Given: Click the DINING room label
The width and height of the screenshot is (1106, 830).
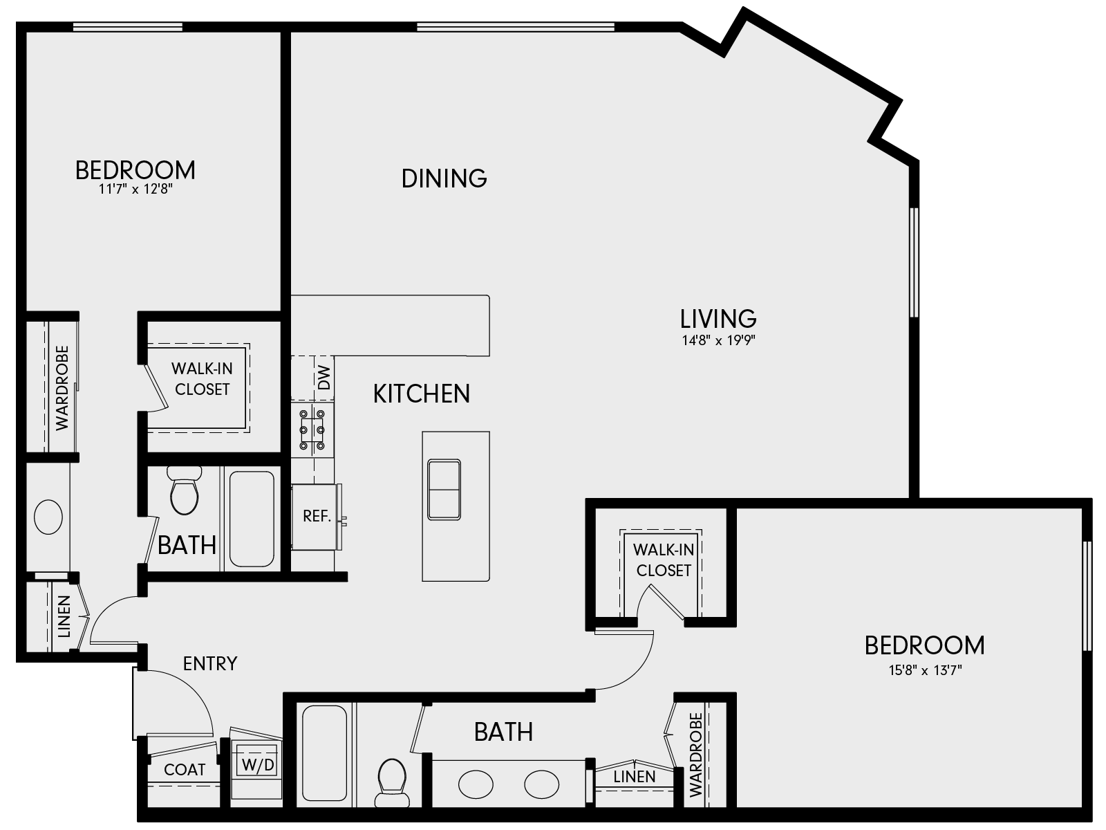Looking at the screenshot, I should (444, 178).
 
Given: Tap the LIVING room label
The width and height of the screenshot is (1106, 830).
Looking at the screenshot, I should (718, 319).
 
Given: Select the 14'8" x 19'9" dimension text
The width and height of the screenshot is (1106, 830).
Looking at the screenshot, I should (718, 340).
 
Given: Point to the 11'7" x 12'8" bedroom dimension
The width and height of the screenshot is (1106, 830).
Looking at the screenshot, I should (135, 190).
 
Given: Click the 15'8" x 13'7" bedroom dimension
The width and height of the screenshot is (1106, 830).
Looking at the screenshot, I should (924, 670).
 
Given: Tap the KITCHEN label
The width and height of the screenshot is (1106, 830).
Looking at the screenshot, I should (422, 394).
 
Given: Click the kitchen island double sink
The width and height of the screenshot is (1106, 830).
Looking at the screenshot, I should (444, 489).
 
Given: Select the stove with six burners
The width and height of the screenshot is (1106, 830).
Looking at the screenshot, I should (312, 430).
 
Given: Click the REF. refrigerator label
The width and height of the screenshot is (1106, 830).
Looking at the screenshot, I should (317, 516).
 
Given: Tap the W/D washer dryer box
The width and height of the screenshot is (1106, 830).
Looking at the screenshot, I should (257, 765).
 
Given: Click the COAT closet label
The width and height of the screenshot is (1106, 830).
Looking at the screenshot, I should (185, 769).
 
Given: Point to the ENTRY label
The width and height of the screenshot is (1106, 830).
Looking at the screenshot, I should (210, 664).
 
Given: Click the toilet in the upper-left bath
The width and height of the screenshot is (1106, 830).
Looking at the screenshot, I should (185, 493).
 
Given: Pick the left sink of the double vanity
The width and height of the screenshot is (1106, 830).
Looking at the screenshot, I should (476, 785).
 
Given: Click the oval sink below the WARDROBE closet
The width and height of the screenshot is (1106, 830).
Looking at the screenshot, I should (48, 517).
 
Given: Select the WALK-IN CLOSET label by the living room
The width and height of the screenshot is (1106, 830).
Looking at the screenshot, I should (664, 560).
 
